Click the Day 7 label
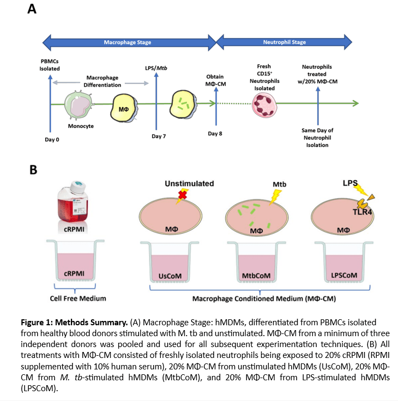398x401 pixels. click(x=159, y=136)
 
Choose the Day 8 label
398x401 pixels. click(x=217, y=133)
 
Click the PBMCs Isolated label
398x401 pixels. click(x=50, y=65)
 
